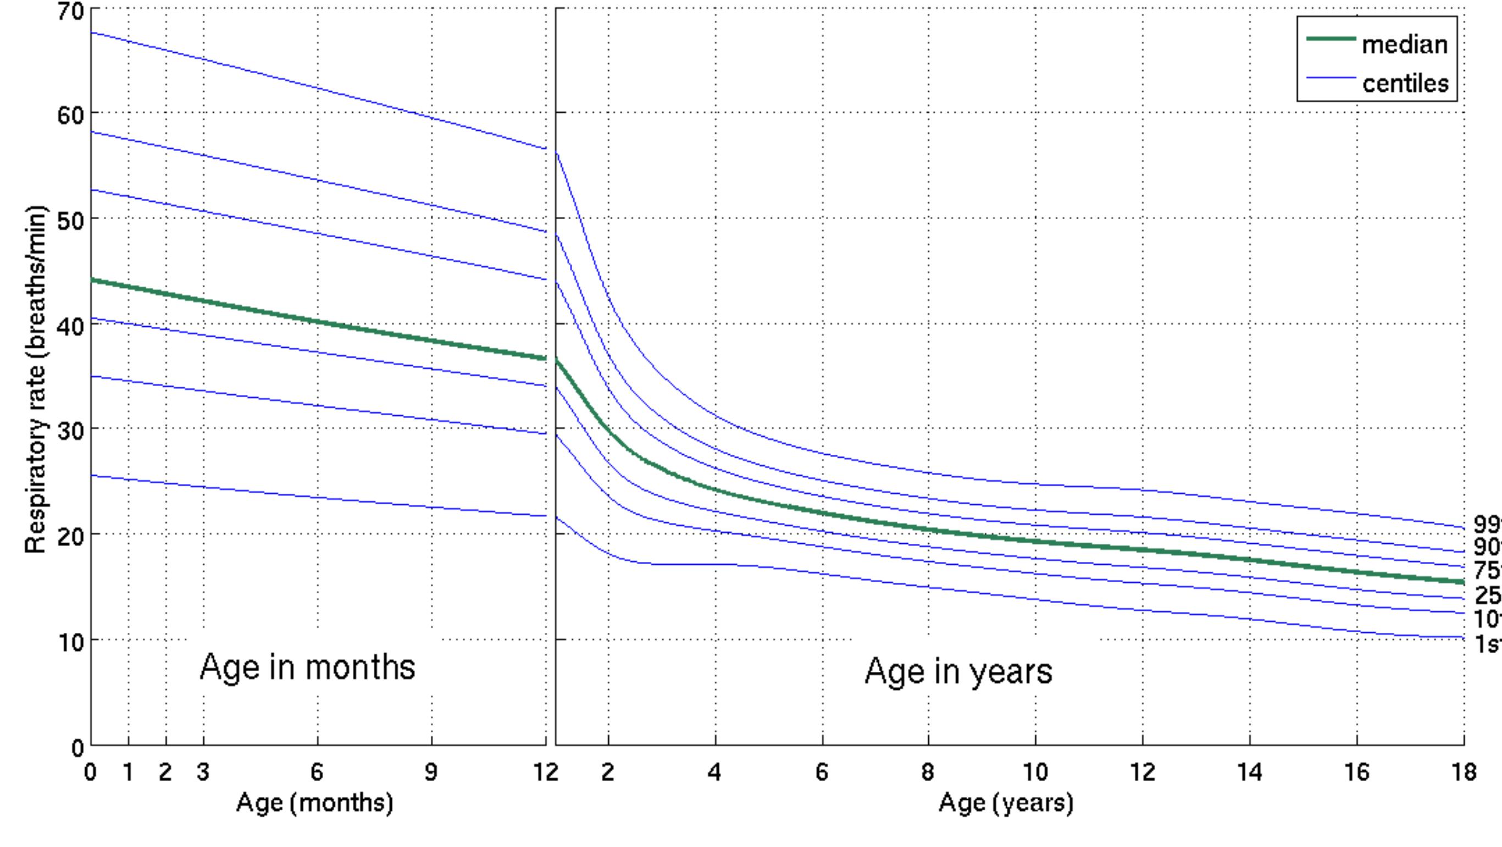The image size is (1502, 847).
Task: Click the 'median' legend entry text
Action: (1404, 44)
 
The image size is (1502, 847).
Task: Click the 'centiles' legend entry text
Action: (1405, 83)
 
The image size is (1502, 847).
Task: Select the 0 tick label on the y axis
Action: (77, 748)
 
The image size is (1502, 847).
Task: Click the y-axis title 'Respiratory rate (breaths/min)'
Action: (36, 380)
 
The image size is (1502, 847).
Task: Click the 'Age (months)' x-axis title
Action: (314, 803)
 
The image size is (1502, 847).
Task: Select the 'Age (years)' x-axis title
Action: (1006, 803)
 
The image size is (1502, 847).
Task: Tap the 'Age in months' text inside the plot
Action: (307, 667)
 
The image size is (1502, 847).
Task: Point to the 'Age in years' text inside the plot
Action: (958, 671)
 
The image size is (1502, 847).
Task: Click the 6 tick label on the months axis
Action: (317, 772)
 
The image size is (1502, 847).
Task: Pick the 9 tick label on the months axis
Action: (431, 772)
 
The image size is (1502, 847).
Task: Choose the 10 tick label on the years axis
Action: (1035, 772)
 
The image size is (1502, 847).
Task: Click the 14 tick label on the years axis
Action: (1250, 772)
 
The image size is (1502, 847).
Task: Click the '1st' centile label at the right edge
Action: (1488, 644)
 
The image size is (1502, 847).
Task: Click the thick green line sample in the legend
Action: (1331, 38)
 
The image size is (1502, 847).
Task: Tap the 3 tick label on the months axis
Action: (203, 772)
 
